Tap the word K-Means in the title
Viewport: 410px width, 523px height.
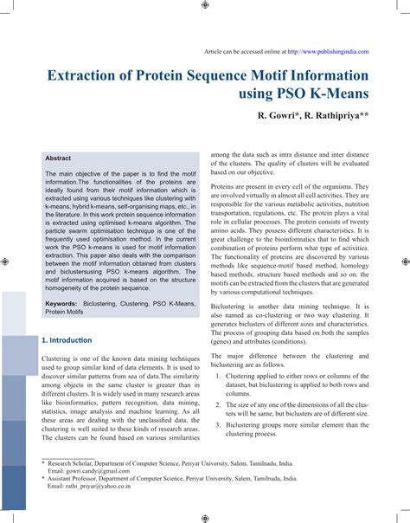[x=339, y=91]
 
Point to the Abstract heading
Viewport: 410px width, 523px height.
[x=58, y=158]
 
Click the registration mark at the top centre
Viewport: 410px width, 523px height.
[x=204, y=5]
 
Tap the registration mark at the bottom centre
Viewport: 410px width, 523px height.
[x=204, y=518]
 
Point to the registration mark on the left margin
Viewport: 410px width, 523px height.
[x=6, y=261]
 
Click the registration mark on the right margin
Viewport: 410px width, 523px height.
[x=404, y=261]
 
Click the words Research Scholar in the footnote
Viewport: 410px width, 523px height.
[x=75, y=464]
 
